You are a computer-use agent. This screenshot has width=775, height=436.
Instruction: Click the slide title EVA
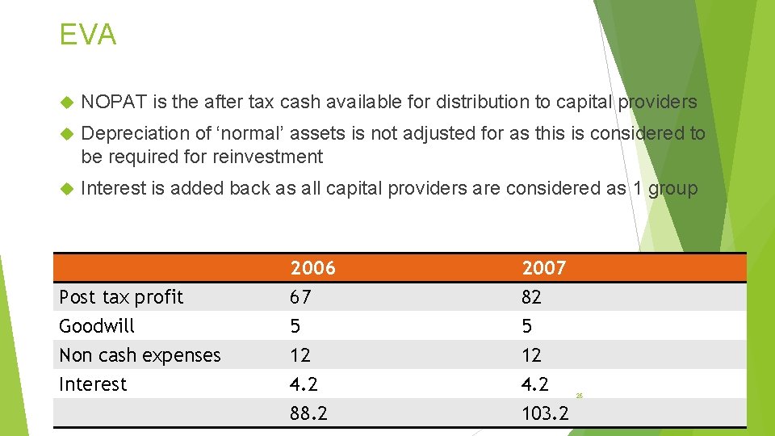[88, 35]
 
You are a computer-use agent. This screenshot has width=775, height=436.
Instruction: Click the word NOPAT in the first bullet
[114, 102]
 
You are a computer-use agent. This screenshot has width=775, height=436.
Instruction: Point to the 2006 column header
[312, 267]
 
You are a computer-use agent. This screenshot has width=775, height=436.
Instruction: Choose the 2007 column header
[544, 267]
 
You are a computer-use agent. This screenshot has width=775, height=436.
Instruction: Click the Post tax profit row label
[121, 297]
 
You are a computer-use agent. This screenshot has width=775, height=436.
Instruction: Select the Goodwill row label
[97, 326]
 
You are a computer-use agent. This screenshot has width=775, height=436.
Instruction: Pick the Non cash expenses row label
[140, 355]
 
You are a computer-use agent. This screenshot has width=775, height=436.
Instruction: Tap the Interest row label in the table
[93, 384]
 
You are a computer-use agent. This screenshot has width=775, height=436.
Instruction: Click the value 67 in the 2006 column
[300, 297]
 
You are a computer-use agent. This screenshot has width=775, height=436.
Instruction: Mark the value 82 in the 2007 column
[531, 297]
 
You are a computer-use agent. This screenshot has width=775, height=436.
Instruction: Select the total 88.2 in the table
[308, 413]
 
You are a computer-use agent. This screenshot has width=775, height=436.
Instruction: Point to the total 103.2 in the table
[545, 413]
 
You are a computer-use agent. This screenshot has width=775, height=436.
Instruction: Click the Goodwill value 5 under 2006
[295, 326]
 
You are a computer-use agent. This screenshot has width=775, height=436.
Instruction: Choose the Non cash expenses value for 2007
[531, 355]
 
